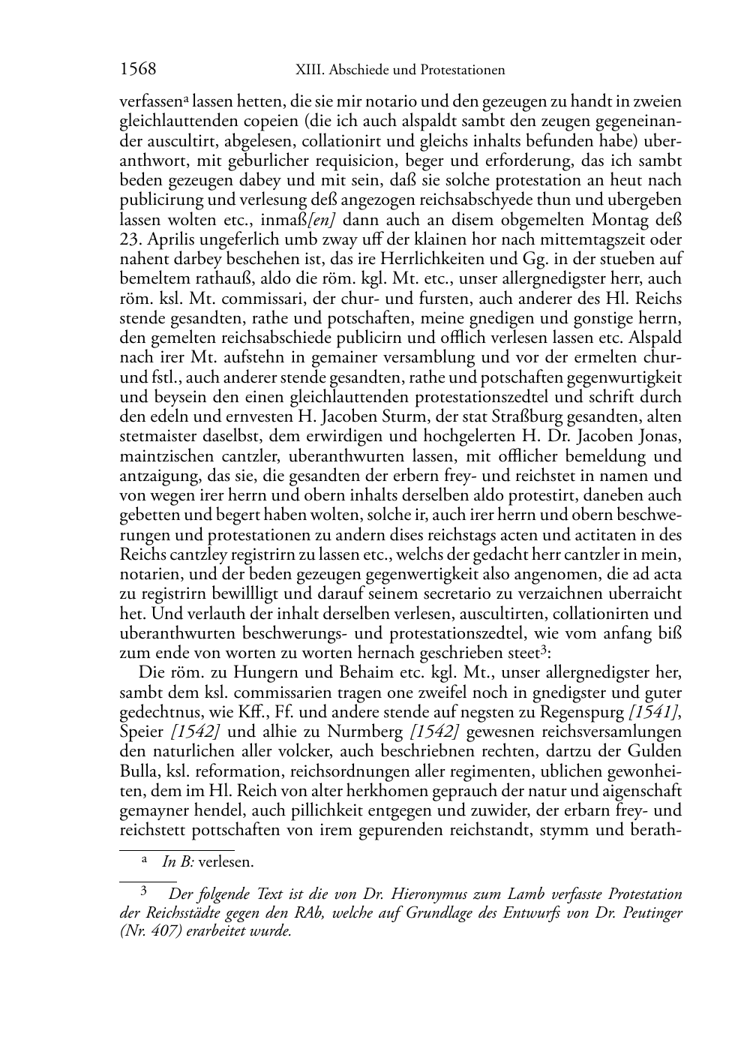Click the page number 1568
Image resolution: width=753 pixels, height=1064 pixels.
pos(138,70)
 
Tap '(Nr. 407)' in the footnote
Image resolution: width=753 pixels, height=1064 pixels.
pos(148,933)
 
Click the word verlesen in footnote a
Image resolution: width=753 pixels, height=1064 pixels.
pos(225,862)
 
